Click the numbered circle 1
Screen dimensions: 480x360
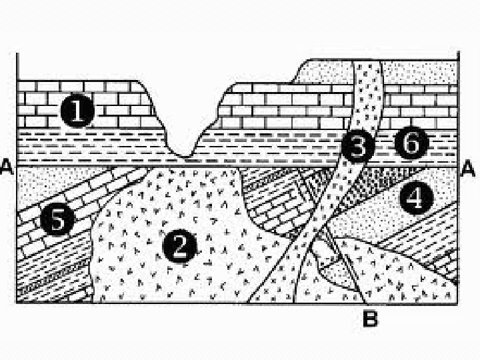[78, 110]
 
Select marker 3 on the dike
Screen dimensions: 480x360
[358, 147]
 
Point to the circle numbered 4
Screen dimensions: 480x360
[415, 198]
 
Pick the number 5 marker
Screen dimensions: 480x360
[57, 219]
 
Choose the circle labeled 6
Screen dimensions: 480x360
[409, 142]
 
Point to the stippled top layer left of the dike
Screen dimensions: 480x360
[327, 72]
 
